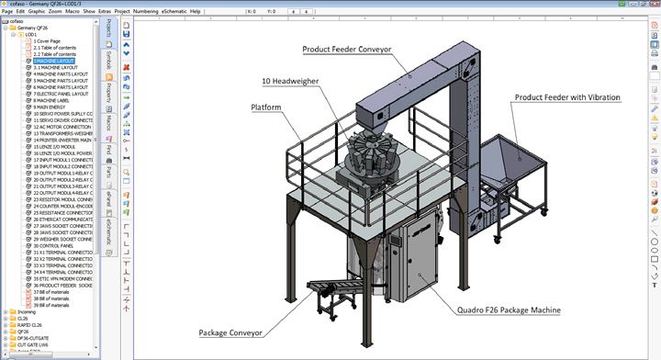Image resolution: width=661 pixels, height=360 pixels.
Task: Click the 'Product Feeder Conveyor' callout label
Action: coord(346,49)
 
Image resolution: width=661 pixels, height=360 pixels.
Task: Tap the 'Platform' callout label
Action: coord(265,107)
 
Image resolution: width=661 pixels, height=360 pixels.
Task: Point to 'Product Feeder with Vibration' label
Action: coord(566,96)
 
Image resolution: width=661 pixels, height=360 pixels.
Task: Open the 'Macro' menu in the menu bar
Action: coord(72,12)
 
